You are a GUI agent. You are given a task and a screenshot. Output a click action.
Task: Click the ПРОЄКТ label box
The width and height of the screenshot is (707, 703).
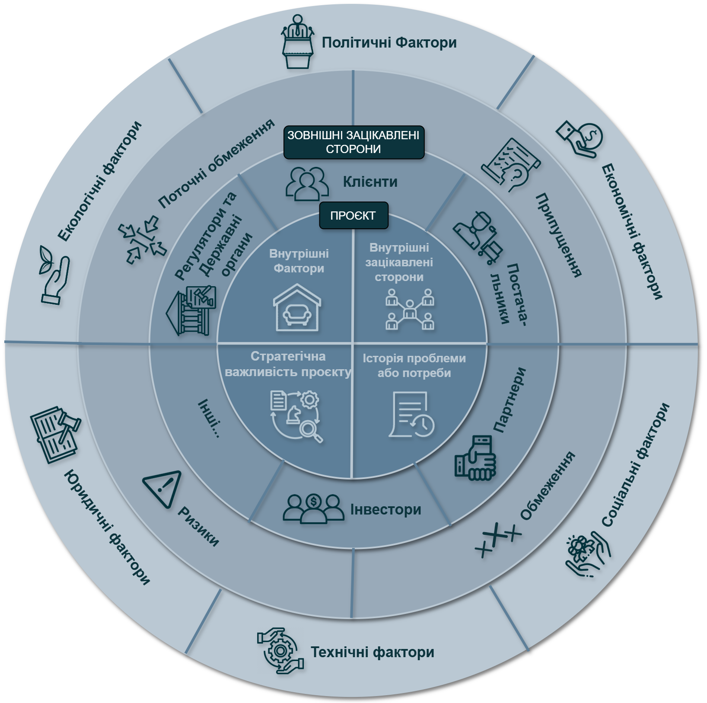click(x=353, y=215)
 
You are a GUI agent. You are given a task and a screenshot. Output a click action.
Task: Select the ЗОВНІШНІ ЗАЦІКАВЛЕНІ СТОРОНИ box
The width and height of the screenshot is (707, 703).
click(x=353, y=142)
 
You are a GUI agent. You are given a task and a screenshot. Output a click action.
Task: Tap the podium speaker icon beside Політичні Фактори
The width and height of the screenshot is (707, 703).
click(x=298, y=42)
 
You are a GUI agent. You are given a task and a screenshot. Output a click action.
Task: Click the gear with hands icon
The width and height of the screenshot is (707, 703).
click(x=280, y=651)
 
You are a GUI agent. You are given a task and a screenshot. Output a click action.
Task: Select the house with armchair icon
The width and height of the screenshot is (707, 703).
click(x=297, y=308)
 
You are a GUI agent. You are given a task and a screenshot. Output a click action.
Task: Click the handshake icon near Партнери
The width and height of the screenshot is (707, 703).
click(x=475, y=458)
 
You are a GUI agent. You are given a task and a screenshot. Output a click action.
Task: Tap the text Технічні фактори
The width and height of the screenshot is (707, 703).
click(x=372, y=652)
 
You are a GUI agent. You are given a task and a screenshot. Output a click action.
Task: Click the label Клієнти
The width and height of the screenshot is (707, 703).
click(x=370, y=182)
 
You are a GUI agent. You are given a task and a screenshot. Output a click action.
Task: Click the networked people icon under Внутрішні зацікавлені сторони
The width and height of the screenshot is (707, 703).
click(x=409, y=310)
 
